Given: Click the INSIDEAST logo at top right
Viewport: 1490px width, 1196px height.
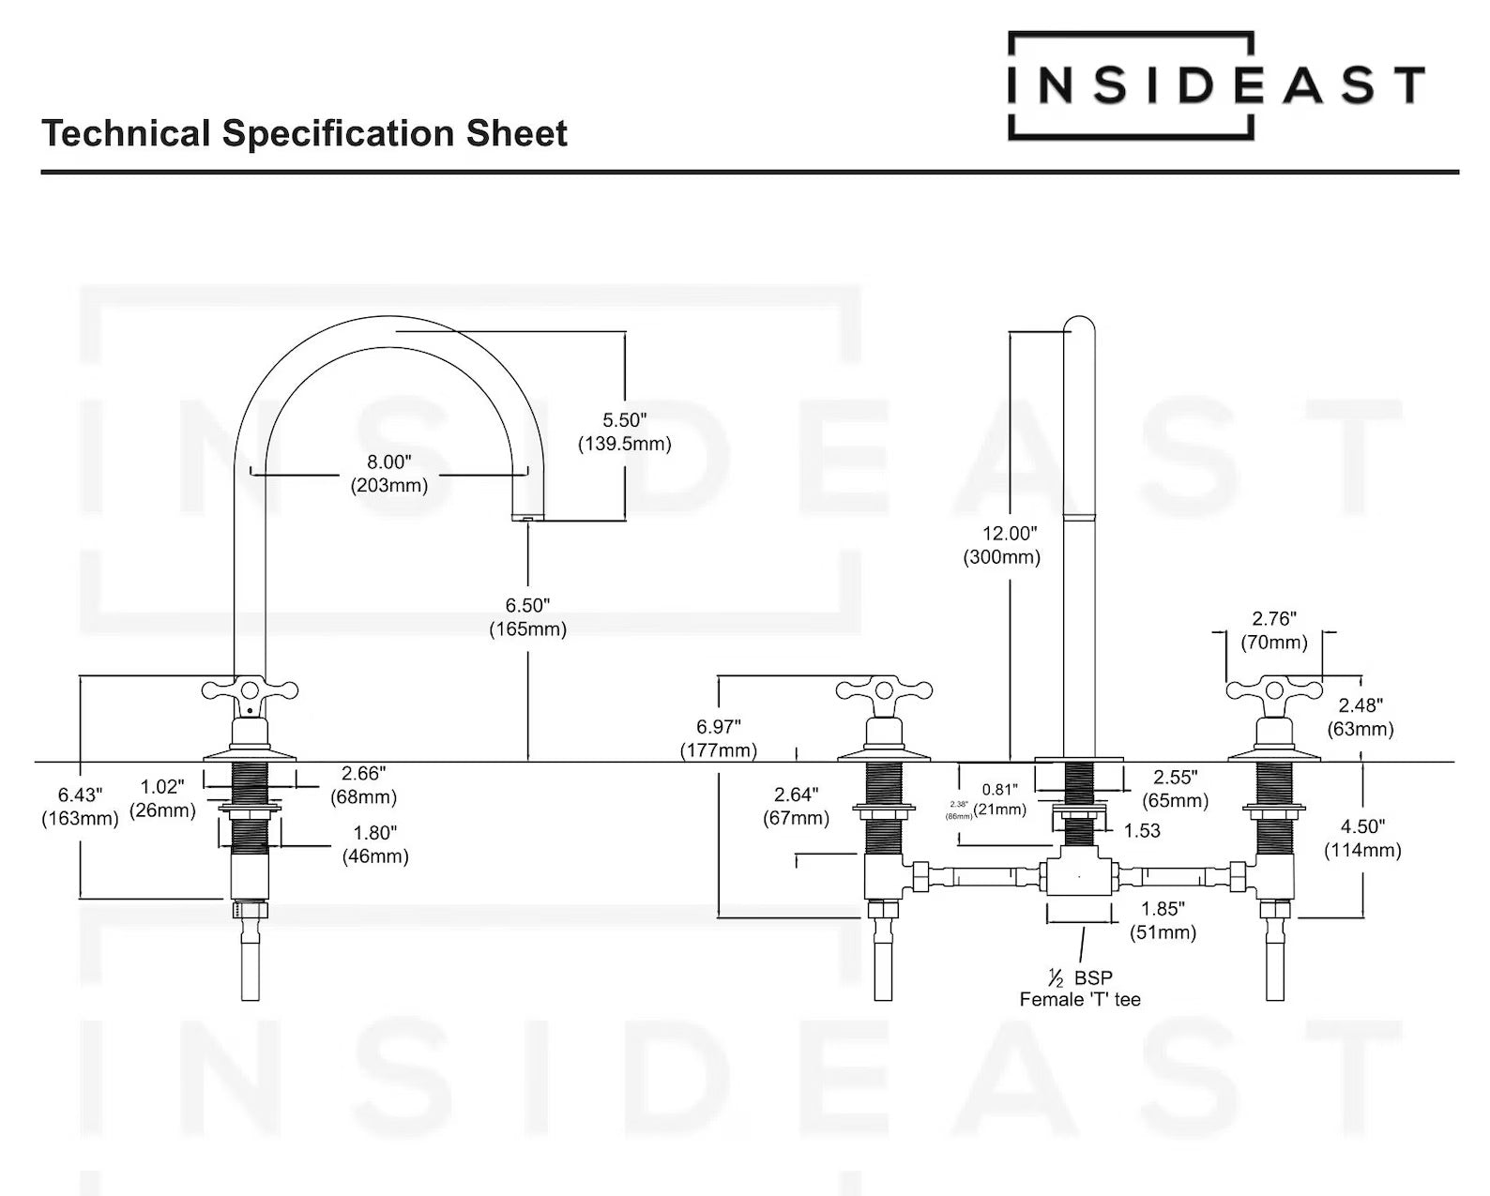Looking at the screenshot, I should pyautogui.click(x=1215, y=85).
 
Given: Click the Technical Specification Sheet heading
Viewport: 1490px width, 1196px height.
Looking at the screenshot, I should pyautogui.click(x=304, y=133).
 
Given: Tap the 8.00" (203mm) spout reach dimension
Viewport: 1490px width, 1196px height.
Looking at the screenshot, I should pyautogui.click(x=389, y=474).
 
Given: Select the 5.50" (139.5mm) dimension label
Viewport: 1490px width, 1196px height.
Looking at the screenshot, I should pyautogui.click(x=624, y=431).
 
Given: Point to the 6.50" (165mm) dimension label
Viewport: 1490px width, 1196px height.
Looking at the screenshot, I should pyautogui.click(x=527, y=617).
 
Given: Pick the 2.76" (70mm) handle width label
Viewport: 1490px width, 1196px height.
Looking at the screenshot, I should pyautogui.click(x=1273, y=630).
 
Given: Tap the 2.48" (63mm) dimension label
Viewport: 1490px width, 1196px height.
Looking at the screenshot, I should pyautogui.click(x=1360, y=717).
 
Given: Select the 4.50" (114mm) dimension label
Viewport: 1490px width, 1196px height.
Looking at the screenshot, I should pyautogui.click(x=1362, y=838).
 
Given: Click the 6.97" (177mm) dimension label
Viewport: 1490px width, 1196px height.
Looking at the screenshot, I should pyautogui.click(x=718, y=738).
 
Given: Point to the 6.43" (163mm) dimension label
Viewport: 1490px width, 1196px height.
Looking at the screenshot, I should pyautogui.click(x=80, y=807).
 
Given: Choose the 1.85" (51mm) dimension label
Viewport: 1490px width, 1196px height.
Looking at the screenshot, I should pyautogui.click(x=1163, y=920).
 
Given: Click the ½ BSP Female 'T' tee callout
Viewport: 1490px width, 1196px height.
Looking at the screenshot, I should pyautogui.click(x=1080, y=989).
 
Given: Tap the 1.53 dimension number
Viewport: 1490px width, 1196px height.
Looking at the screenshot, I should pyautogui.click(x=1141, y=830).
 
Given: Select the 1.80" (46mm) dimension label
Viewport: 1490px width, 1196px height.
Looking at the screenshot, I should pyautogui.click(x=375, y=844).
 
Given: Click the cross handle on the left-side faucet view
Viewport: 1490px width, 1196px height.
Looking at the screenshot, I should pyautogui.click(x=250, y=692).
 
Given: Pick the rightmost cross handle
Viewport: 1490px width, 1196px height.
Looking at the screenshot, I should pyautogui.click(x=1274, y=692).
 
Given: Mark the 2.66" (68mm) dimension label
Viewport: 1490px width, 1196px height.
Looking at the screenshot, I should pyautogui.click(x=363, y=785).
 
